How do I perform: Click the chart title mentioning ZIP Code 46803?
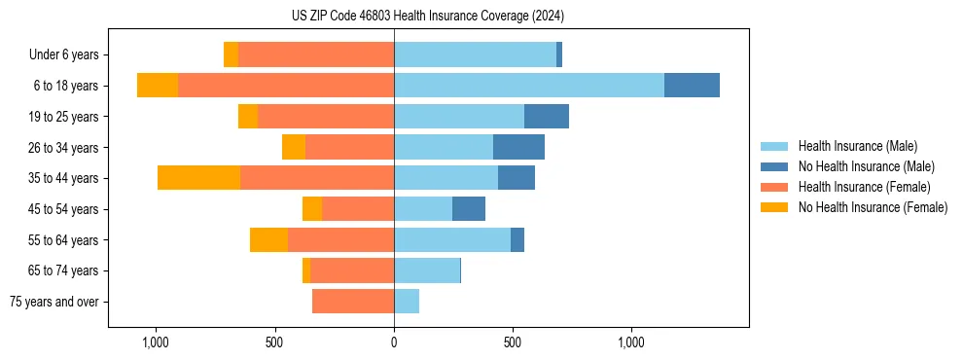[x=427, y=17]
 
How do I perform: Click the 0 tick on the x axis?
[x=394, y=342]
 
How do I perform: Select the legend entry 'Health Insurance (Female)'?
[x=864, y=187]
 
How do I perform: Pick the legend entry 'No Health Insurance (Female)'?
[x=873, y=207]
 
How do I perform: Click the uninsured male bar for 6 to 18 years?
[x=692, y=86]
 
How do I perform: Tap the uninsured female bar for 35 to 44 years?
[x=198, y=178]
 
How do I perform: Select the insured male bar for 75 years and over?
[x=407, y=302]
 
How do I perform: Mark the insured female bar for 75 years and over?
[x=353, y=302]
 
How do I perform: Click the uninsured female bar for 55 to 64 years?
[x=268, y=239]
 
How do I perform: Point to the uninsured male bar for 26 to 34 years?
[x=518, y=147]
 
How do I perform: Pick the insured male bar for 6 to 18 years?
[x=529, y=86]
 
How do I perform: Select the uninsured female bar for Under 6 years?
[x=231, y=54]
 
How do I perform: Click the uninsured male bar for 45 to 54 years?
[x=469, y=209]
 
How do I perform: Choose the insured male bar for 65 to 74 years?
[x=427, y=270]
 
